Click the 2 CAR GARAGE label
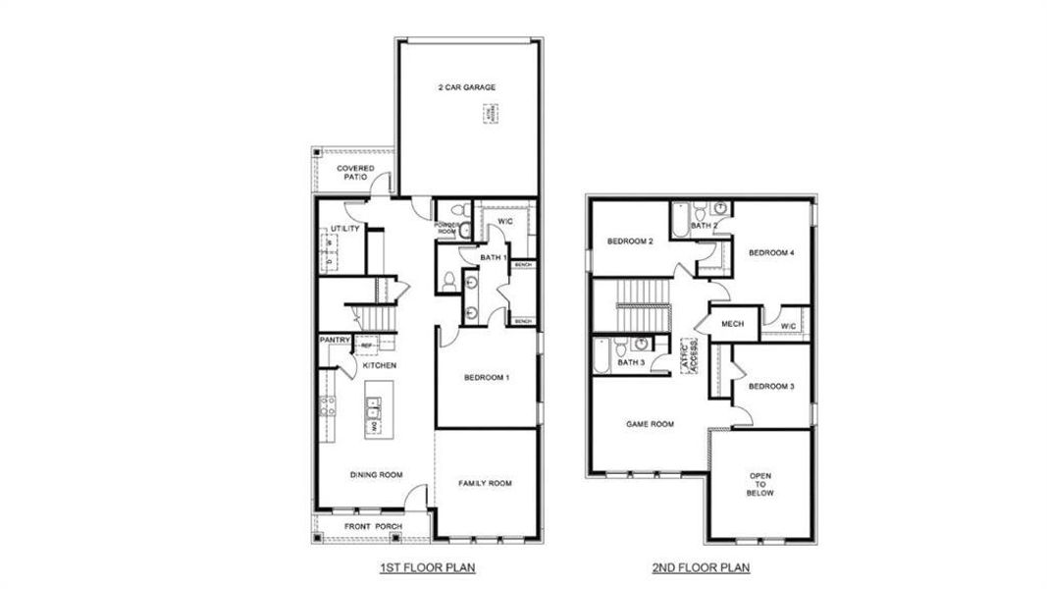pos(466,87)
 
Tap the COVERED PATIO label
pos(355,173)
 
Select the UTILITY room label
pos(345,229)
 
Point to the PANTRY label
pos(335,340)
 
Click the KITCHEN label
pos(379,365)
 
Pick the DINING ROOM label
pos(376,475)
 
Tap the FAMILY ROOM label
pos(486,483)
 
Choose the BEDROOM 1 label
pos(486,378)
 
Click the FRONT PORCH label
pos(372,527)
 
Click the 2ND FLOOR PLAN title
pos(701,568)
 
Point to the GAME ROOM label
pos(650,424)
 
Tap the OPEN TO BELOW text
pos(760,485)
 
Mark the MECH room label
pos(732,324)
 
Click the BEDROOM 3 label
pos(771,387)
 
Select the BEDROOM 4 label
pos(771,253)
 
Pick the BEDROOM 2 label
pos(630,241)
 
